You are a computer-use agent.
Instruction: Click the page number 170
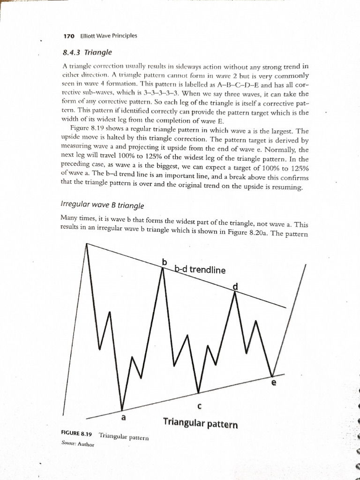69,36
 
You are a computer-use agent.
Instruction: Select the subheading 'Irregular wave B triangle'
103,205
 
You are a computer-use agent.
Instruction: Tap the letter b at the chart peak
165,261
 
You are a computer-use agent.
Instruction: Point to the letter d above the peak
235,287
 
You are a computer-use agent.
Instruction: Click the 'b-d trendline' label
200,270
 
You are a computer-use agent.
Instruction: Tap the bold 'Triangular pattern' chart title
200,424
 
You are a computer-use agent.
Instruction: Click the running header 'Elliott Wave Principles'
109,36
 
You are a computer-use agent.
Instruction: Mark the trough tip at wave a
122,409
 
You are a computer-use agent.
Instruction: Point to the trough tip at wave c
199,393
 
